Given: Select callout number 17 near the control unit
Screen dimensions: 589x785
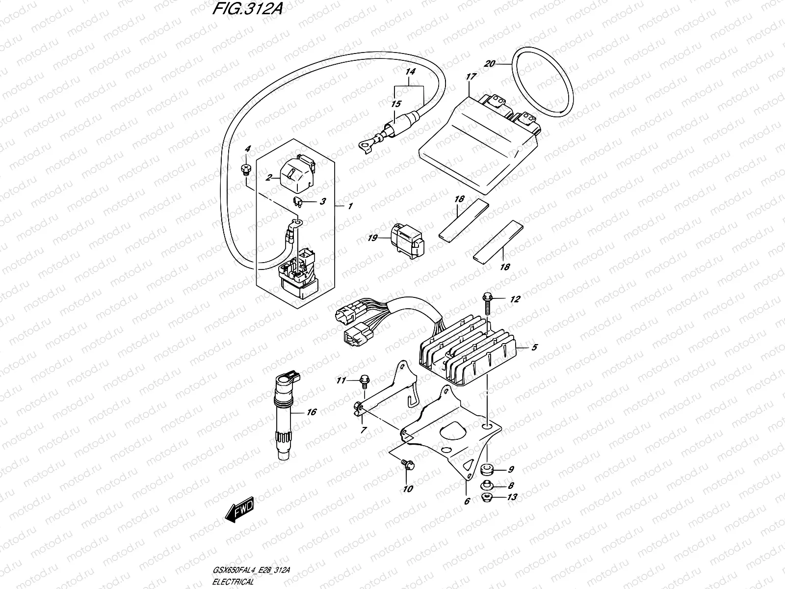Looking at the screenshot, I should pos(471,77).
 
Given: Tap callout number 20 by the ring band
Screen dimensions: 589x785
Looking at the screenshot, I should pos(489,64).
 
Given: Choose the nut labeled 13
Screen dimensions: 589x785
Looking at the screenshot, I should pos(487,497).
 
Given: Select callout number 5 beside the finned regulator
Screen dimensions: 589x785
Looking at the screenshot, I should pos(534,348).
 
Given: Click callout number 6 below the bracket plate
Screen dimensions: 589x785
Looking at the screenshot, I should pos(467,501).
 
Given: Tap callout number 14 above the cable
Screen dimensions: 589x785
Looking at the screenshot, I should pos(410,72).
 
